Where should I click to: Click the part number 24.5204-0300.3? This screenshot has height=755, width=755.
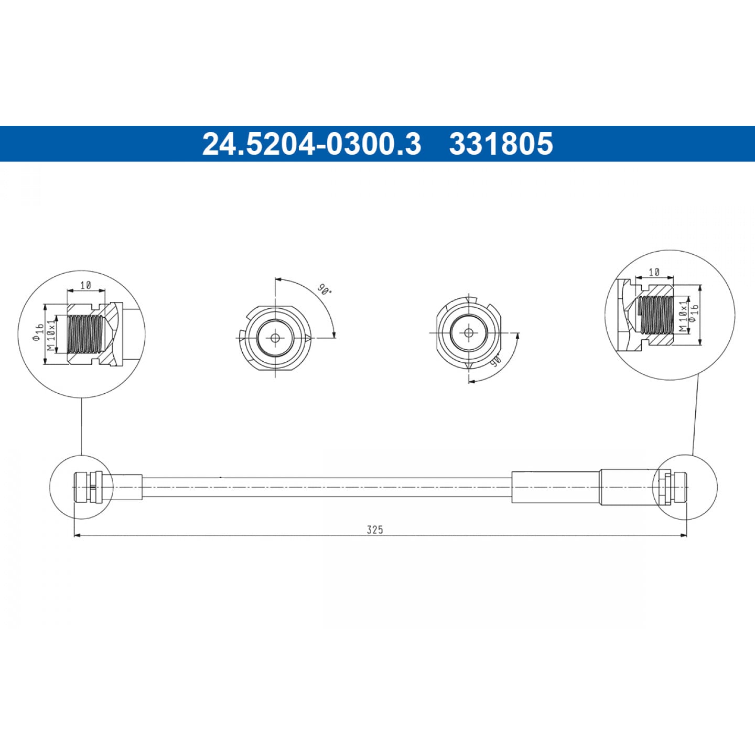click(311, 144)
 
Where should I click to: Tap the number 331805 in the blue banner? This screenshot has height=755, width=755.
click(501, 144)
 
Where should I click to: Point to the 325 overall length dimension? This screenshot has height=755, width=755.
click(375, 530)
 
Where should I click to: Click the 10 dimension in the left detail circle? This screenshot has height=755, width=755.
click(86, 285)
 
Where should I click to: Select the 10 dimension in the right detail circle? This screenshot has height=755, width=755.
click(654, 272)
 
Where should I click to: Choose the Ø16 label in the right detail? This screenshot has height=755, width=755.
click(694, 314)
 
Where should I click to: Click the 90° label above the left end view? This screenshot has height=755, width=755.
click(325, 290)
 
